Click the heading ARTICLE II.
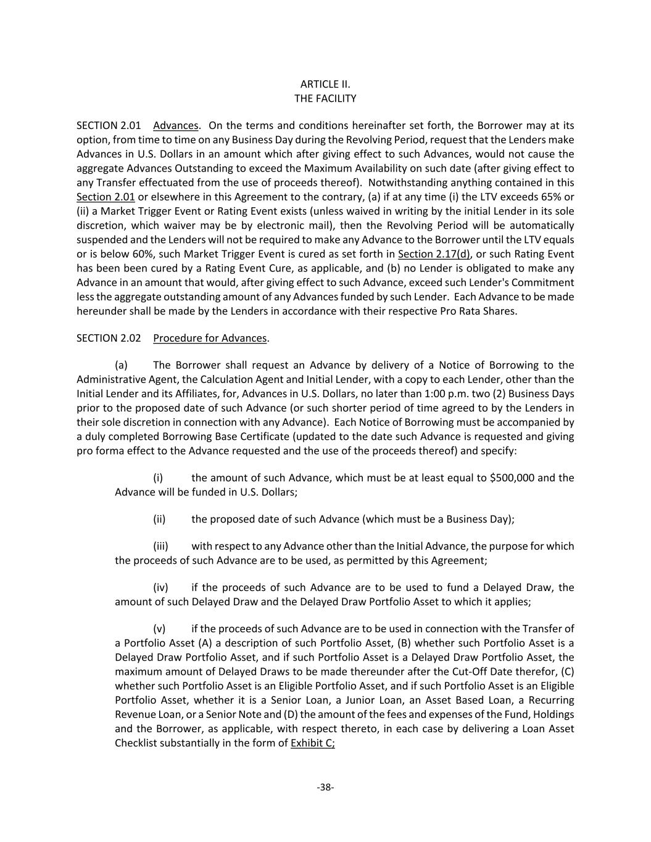point(325,84)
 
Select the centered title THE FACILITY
point(325,99)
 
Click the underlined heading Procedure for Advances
point(210,338)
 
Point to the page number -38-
point(325,787)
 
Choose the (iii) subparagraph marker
point(160,546)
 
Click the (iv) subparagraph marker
point(160,587)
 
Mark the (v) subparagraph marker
point(160,629)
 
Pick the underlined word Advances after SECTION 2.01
point(175,126)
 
